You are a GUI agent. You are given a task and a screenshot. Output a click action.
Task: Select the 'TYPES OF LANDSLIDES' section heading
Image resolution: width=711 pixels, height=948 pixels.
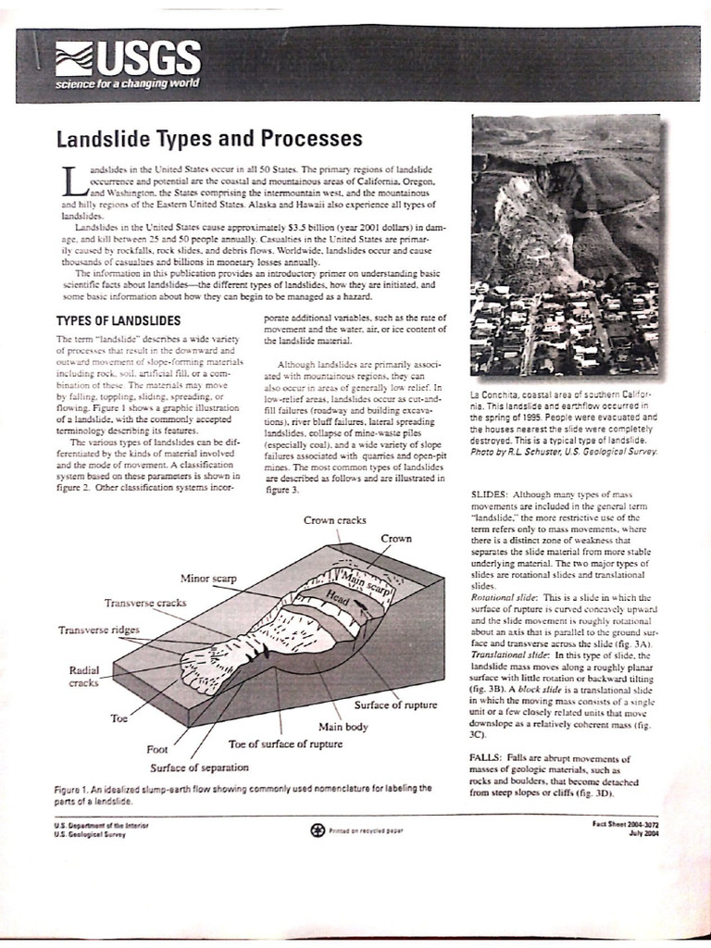[x=118, y=320]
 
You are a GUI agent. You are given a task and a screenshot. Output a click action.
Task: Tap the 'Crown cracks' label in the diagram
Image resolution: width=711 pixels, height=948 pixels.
[x=335, y=520]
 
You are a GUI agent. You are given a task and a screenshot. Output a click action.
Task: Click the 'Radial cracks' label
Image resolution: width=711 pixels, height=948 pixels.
[x=84, y=676]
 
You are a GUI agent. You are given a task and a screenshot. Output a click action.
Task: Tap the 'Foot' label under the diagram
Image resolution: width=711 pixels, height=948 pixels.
[x=157, y=749]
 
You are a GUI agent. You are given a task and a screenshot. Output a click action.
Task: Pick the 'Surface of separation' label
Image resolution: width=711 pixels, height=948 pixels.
[x=199, y=767]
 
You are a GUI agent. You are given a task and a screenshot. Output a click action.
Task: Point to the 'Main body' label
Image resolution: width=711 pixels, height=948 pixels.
[x=343, y=726]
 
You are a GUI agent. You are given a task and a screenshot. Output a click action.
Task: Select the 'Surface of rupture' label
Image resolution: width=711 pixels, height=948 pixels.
[x=395, y=705]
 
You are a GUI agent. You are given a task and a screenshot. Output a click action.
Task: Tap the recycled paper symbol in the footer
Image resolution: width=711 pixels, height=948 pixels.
[x=318, y=829]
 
